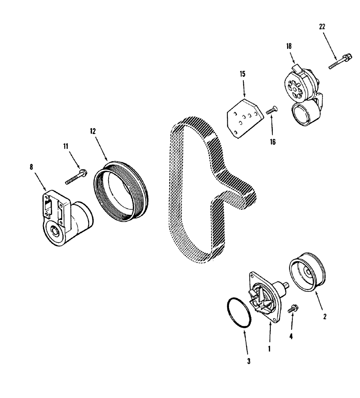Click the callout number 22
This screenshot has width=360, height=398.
322,27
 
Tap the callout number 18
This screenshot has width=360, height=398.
289,46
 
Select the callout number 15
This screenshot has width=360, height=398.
243,74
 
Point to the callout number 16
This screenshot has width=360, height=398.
272,141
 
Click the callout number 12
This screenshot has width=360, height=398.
93,131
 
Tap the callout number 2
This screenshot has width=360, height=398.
325,316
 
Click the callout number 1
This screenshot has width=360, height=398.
269,349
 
